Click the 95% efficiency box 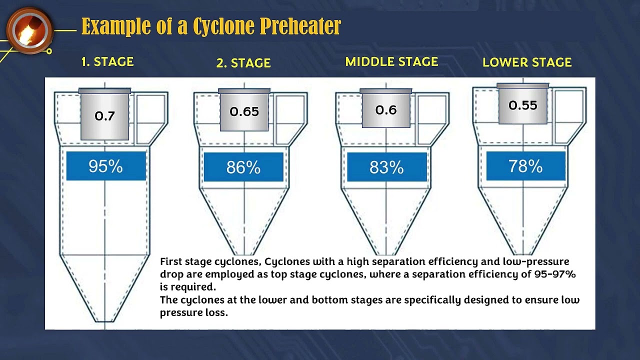(x=105, y=166)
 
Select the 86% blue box (x=243, y=167)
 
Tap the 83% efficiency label (x=386, y=167)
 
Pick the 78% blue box (x=525, y=166)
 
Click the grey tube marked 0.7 (x=104, y=115)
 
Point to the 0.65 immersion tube (x=244, y=111)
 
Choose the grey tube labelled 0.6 (x=386, y=109)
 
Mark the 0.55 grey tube (x=523, y=105)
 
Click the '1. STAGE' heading (x=107, y=62)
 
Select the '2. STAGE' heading (x=243, y=63)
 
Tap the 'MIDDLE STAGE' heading (x=391, y=62)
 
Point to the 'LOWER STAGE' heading (x=527, y=62)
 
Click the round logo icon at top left (x=30, y=30)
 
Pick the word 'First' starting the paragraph (x=171, y=261)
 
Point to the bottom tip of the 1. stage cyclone (x=105, y=321)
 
